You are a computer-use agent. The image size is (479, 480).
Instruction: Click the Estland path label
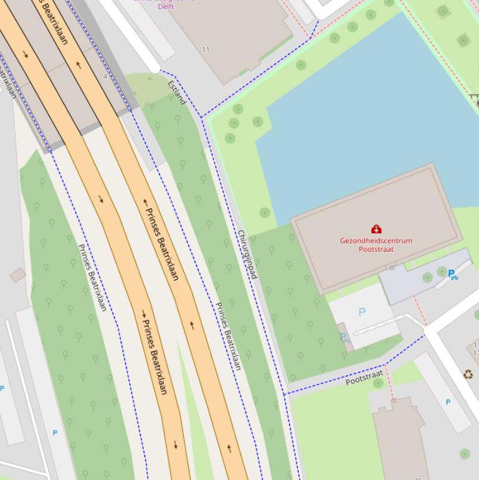click(x=177, y=92)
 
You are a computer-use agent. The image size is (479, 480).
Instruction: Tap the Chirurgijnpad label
click(x=247, y=254)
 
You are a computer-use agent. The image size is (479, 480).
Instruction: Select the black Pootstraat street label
click(x=364, y=378)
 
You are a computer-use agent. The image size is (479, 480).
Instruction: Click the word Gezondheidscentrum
click(x=376, y=241)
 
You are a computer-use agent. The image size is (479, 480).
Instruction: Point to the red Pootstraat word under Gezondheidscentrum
click(x=376, y=249)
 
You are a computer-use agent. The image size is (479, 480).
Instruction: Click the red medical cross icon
click(x=376, y=229)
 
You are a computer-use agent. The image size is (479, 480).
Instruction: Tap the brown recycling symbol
click(x=467, y=375)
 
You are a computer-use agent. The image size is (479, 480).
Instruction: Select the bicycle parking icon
click(x=453, y=274)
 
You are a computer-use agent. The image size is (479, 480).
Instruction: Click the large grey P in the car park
click(x=362, y=312)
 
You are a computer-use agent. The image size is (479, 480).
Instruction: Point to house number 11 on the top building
click(x=206, y=49)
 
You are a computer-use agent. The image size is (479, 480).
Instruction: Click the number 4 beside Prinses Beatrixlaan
click(x=105, y=76)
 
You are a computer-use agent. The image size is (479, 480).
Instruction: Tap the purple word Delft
click(x=166, y=6)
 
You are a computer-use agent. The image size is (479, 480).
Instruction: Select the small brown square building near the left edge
click(x=17, y=275)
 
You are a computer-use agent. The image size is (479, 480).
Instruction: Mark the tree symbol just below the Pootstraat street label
click(x=378, y=384)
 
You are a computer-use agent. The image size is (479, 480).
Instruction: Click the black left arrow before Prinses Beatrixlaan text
click(x=146, y=202)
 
